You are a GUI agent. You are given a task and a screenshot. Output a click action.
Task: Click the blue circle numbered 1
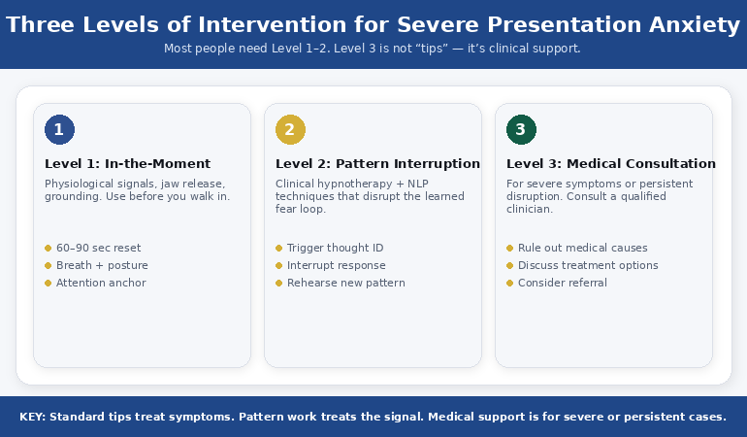click(x=59, y=129)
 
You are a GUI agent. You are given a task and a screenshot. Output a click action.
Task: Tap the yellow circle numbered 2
click(x=290, y=129)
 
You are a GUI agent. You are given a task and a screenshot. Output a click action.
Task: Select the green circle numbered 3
click(x=521, y=129)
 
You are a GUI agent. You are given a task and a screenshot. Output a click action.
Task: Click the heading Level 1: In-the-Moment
click(x=127, y=164)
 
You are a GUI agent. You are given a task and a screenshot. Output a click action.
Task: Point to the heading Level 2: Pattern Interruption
click(x=377, y=164)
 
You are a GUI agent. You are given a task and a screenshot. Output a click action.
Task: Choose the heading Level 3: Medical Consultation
click(x=610, y=164)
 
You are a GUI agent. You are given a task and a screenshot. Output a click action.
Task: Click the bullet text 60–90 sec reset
click(x=98, y=248)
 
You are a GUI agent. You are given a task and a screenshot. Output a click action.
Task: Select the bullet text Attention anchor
click(x=101, y=283)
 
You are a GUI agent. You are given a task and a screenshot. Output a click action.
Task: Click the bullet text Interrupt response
click(x=336, y=265)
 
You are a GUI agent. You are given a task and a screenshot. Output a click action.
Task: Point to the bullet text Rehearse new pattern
click(x=345, y=283)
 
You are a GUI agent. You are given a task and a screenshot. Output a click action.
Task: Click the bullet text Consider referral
click(x=562, y=283)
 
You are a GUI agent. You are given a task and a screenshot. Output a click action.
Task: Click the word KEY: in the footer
click(x=32, y=417)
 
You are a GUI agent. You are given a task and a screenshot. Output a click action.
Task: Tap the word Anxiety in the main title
click(x=693, y=24)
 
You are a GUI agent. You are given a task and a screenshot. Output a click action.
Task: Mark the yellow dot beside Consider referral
click(x=509, y=283)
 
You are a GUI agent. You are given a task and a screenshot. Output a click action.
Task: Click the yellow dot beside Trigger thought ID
click(x=278, y=248)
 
